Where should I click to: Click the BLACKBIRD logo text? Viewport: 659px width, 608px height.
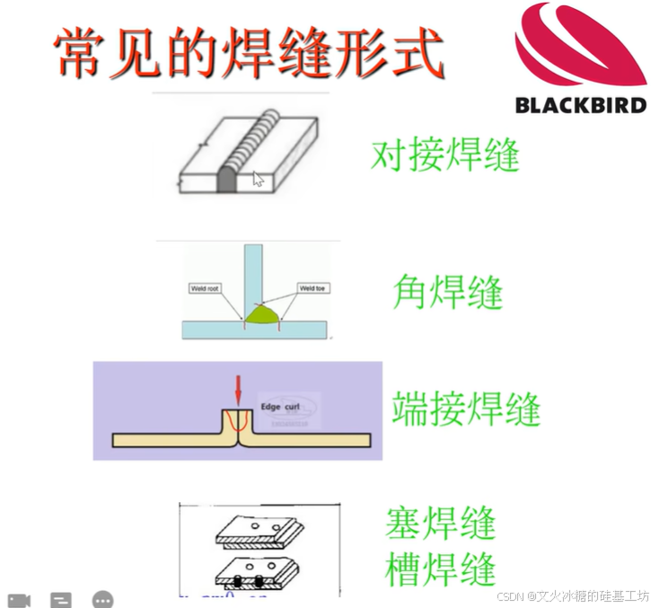[x=580, y=105]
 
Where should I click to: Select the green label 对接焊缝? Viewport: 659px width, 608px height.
[x=445, y=155]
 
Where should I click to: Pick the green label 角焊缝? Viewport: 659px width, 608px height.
[x=447, y=292]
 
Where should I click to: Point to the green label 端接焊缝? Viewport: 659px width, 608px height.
[x=466, y=409]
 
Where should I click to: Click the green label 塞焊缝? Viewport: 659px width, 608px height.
[x=441, y=523]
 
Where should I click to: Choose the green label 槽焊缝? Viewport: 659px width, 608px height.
[x=441, y=569]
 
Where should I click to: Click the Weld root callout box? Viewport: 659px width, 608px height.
[x=205, y=288]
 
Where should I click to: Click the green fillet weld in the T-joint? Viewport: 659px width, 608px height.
[x=263, y=313]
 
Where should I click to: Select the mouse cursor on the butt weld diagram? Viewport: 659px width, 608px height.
[x=259, y=179]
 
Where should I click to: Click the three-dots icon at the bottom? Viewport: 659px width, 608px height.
[x=103, y=599]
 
